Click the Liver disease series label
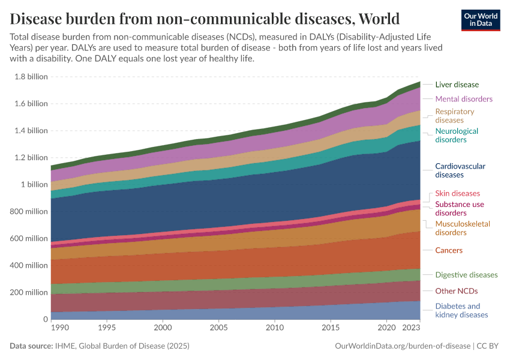tap(457, 85)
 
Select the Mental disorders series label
tap(464, 99)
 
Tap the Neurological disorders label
tap(457, 136)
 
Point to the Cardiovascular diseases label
tap(460, 170)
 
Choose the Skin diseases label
tap(457, 193)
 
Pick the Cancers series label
tap(449, 250)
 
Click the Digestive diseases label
tap(466, 275)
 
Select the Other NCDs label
tap(457, 291)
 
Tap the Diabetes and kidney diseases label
tap(461, 310)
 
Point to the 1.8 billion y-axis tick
tap(31, 77)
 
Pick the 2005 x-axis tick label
tap(219, 328)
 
